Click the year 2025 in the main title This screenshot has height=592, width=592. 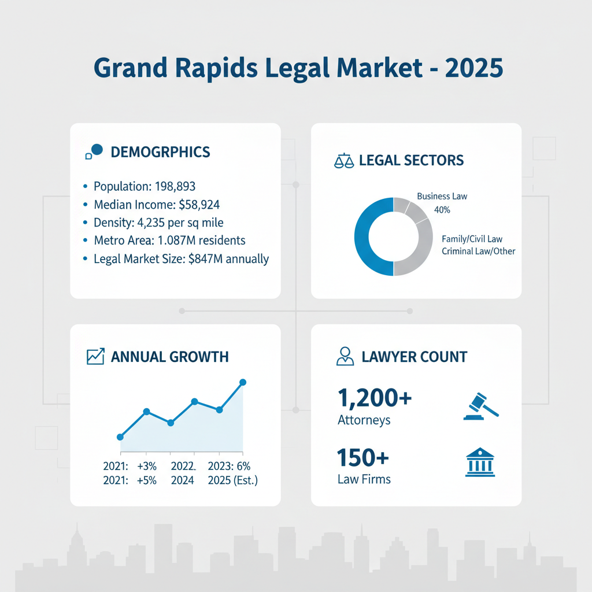[x=474, y=68]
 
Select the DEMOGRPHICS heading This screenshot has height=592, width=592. [x=160, y=152]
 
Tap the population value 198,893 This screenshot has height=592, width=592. [x=172, y=186]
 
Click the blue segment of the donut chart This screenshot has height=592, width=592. [x=364, y=237]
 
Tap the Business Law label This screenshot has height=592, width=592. [x=442, y=196]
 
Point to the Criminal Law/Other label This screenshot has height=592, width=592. [x=478, y=251]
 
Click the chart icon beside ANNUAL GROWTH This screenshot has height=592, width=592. [x=95, y=357]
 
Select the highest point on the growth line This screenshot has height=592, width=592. [x=243, y=382]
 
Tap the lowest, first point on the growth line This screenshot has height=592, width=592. [x=120, y=437]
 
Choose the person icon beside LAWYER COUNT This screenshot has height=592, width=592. [x=345, y=356]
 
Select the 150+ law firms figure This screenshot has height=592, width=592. [x=362, y=458]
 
